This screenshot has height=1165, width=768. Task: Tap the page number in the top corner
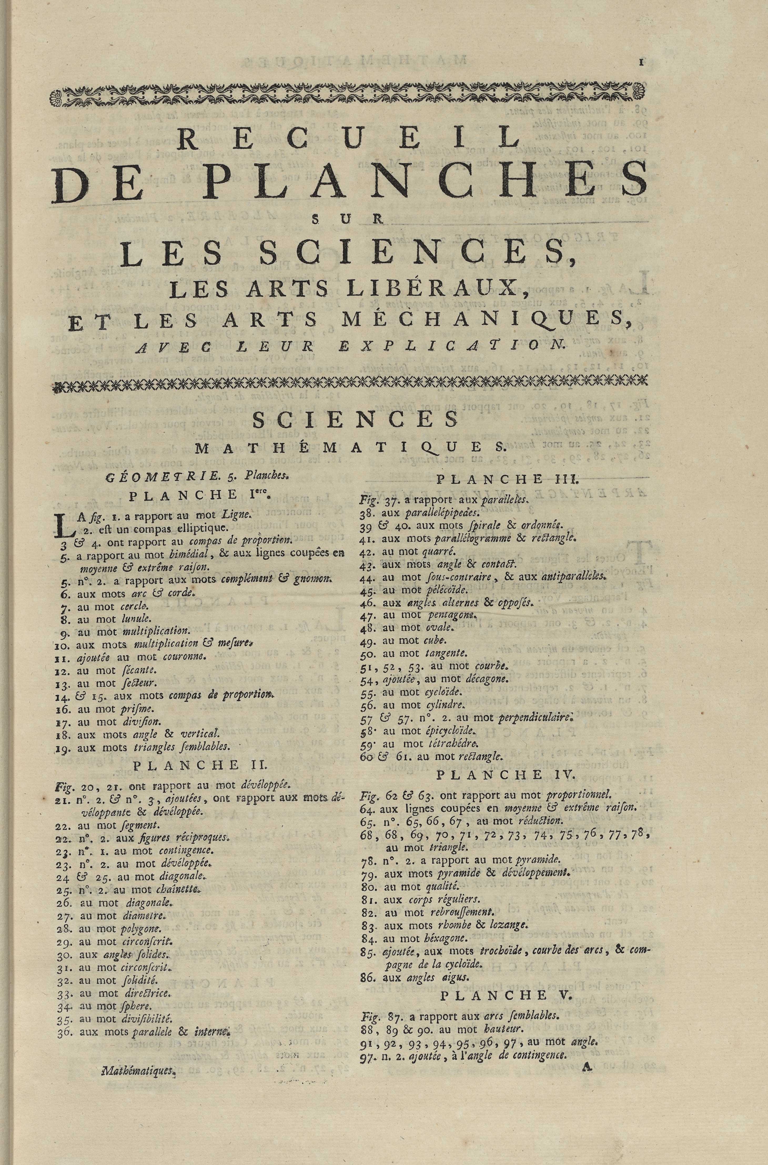click(640, 62)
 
